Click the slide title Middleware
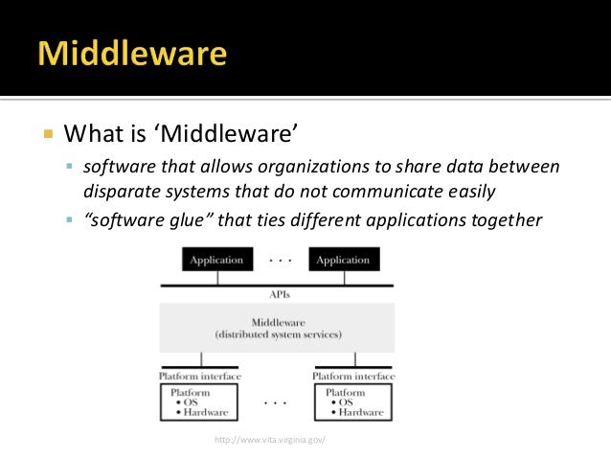[x=133, y=53]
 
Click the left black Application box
[x=216, y=260]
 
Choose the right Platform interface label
[x=354, y=376]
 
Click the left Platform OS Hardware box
[x=200, y=402]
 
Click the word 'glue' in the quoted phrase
[x=190, y=221]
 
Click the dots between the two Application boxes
[x=280, y=259]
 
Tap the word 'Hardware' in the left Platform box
[x=204, y=413]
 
